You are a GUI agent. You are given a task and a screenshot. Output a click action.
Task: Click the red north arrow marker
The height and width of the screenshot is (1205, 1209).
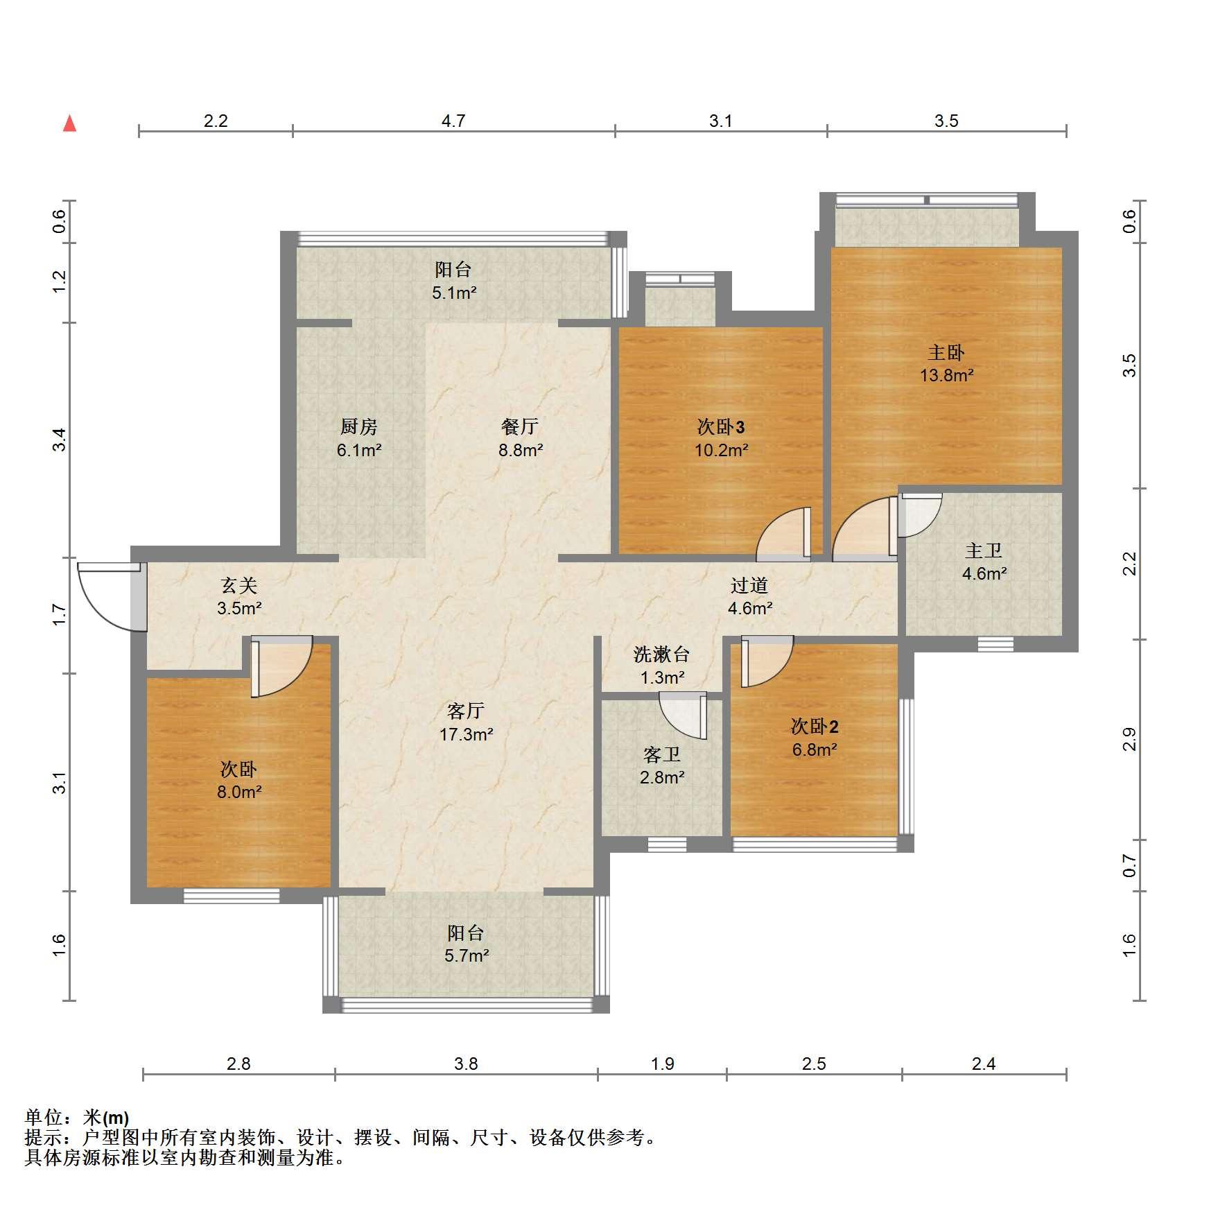point(69,123)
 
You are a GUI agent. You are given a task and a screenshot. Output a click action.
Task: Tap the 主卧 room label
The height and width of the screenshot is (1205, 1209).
point(946,352)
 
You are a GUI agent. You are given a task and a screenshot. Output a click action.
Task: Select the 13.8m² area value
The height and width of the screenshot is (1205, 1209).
point(946,375)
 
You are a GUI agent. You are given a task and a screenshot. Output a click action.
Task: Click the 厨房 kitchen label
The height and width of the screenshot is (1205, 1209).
point(359,426)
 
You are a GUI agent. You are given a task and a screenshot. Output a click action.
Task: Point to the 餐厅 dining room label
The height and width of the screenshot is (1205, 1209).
point(520,426)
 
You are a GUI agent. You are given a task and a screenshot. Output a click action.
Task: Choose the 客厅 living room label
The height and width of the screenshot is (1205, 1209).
point(466,711)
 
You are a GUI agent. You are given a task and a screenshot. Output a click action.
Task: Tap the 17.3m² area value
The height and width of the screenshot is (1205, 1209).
point(466,734)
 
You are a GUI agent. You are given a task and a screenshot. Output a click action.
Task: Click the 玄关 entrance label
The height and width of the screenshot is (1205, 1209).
point(239,585)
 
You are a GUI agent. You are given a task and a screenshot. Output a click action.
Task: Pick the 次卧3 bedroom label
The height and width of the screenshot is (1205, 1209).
point(721,426)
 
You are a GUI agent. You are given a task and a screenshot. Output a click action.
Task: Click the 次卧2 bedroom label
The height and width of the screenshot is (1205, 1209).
point(815,726)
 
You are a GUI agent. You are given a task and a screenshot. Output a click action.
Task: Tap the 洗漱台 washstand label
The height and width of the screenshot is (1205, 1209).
point(662,654)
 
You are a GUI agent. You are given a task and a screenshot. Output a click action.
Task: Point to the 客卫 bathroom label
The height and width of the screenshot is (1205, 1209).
point(662,754)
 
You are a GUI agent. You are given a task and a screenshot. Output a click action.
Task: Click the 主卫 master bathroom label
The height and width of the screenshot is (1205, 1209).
point(984,551)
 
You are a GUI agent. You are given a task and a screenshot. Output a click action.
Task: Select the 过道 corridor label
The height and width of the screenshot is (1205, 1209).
point(749,585)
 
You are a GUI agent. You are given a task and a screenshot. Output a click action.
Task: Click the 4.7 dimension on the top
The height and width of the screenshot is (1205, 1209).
point(453,121)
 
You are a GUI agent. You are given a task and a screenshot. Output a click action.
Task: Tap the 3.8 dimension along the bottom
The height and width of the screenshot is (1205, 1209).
point(466,1064)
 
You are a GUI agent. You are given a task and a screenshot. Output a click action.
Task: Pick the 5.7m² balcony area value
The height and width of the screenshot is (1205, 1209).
point(467,955)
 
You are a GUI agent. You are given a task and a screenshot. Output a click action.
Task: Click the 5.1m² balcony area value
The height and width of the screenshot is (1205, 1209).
point(454,293)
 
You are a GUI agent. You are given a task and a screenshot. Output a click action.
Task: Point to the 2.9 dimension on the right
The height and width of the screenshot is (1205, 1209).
point(1129,739)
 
